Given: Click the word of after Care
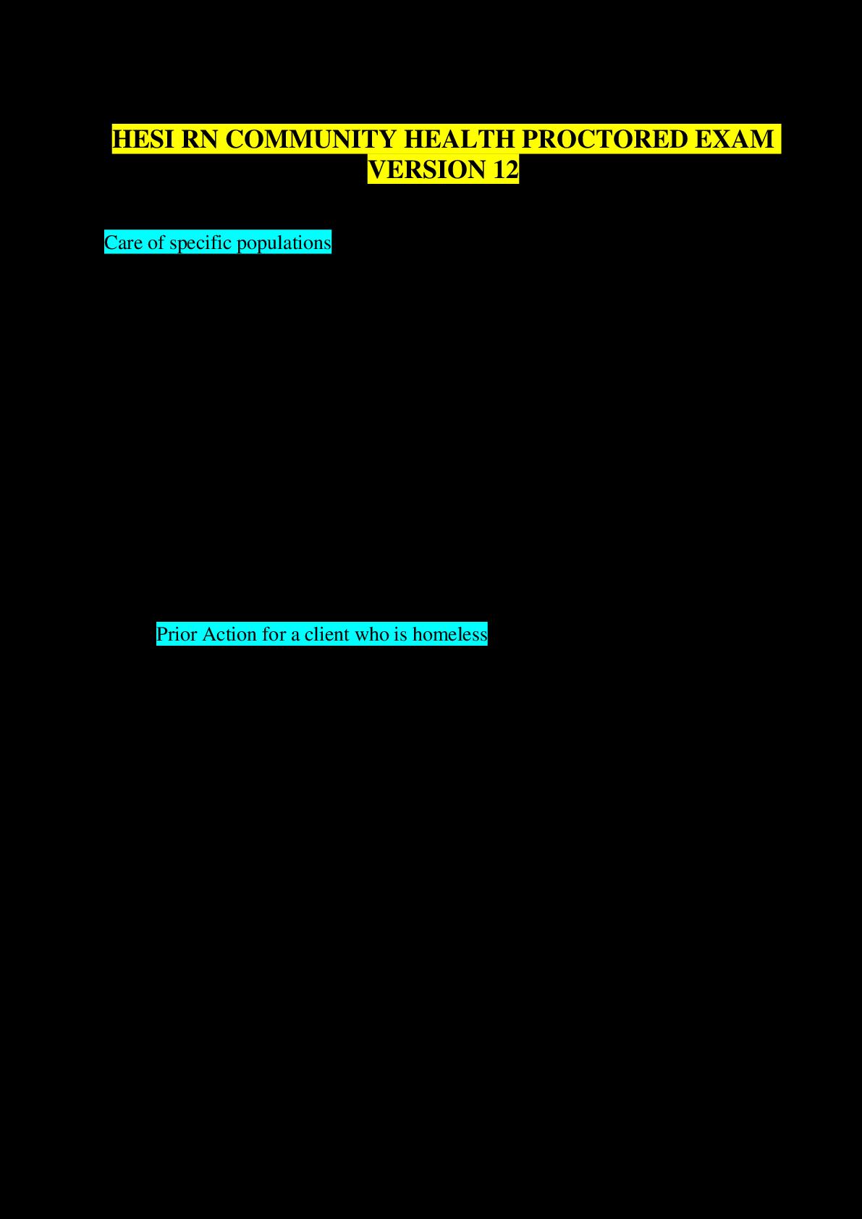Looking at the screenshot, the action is coord(156,242).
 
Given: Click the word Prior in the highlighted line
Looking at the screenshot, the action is coord(177,635).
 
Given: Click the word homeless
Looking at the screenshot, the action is coord(450,635).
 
